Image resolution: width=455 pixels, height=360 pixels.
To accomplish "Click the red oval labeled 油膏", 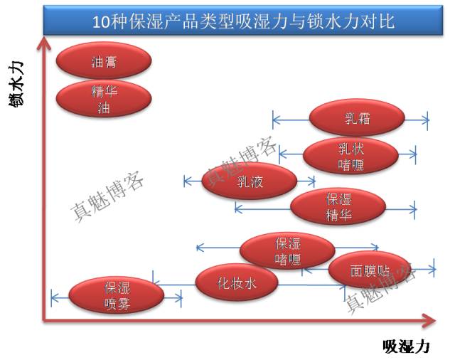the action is click(x=104, y=62).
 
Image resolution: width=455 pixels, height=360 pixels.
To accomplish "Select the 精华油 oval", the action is click(x=104, y=100).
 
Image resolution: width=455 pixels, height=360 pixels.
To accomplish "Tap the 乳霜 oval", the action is click(x=357, y=117).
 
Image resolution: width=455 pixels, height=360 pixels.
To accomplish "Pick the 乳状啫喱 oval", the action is click(x=350, y=156).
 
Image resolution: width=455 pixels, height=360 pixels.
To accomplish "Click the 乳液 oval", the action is click(x=250, y=181).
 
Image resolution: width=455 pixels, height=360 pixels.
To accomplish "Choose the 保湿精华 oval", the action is click(x=338, y=207).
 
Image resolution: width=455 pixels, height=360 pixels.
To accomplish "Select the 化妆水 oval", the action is click(x=237, y=283).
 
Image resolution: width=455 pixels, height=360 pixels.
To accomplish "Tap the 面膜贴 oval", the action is click(x=370, y=270).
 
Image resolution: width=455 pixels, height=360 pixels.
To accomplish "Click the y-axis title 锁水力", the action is click(x=16, y=83).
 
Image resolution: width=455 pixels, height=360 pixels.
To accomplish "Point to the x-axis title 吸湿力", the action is click(x=406, y=346).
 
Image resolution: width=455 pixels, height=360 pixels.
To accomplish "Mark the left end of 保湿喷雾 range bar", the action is click(x=52, y=297).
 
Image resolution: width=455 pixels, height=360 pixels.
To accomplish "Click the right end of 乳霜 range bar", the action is click(x=427, y=120).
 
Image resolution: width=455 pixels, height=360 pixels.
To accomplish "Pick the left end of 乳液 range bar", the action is click(x=184, y=181).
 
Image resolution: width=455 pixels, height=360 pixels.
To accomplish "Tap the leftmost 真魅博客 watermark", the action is click(x=107, y=196).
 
